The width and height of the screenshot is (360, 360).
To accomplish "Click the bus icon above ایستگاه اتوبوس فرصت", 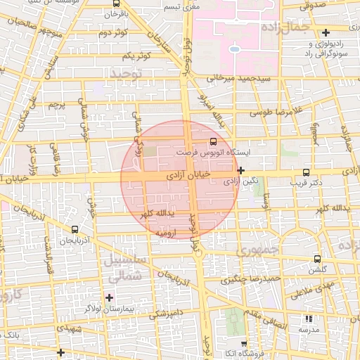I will (214, 141).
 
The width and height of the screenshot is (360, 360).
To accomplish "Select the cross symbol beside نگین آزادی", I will (241, 170).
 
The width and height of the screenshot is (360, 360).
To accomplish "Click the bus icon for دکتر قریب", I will (305, 172).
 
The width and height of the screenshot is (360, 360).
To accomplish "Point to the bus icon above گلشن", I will (318, 259).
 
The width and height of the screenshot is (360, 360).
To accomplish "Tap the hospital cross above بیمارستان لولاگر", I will (108, 297).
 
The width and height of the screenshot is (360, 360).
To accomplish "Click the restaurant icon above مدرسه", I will (309, 319).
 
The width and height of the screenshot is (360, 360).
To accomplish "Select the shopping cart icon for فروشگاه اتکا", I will (243, 344).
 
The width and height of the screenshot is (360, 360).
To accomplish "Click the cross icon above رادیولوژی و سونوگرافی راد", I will (325, 32).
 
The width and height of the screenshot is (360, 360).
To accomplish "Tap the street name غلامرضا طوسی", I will (279, 110).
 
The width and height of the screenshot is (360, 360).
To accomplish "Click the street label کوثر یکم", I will (137, 56).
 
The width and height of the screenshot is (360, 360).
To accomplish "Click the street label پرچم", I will (56, 105).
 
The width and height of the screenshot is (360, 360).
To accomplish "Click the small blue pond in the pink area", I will (233, 49).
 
